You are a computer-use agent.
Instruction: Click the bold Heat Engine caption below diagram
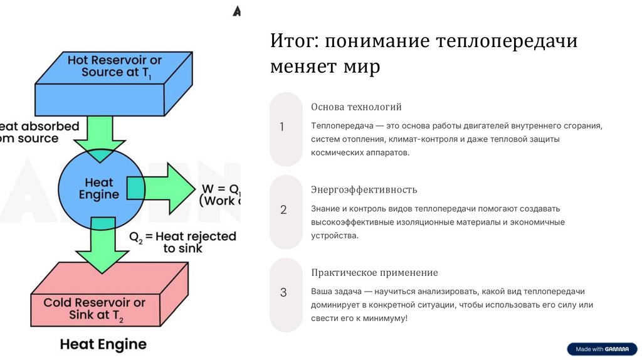103,344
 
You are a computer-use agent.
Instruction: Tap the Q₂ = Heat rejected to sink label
182,242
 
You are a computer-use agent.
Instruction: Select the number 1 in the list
282,127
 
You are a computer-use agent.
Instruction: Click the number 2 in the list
283,210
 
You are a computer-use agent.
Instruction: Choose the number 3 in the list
283,292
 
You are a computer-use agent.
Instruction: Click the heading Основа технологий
356,107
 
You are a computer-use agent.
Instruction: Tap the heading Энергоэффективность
364,189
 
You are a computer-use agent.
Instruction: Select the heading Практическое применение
374,273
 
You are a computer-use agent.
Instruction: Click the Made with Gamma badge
601,349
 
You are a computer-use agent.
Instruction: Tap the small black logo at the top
236,11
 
